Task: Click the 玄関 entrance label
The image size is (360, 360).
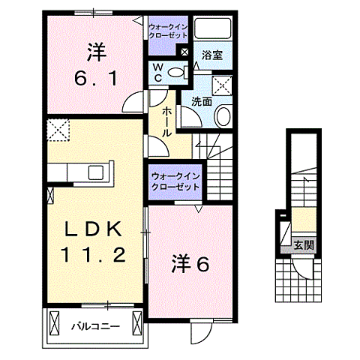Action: (x=303, y=244)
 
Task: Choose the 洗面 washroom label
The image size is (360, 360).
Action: (x=201, y=100)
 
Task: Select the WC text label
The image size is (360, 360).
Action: (x=158, y=72)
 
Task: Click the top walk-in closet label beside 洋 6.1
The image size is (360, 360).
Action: (x=169, y=31)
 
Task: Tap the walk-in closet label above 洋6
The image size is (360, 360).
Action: (x=175, y=181)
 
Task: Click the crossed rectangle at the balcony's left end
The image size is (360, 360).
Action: (x=54, y=324)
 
